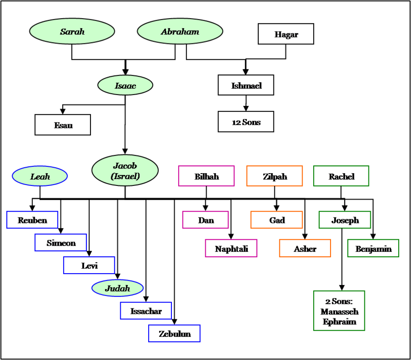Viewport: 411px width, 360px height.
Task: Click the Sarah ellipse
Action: (x=72, y=32)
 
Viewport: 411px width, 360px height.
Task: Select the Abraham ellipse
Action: (x=180, y=32)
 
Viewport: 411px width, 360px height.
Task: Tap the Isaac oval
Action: (x=125, y=85)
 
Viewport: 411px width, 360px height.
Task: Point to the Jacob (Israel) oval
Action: (x=125, y=170)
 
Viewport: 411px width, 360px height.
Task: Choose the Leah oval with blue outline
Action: (x=40, y=176)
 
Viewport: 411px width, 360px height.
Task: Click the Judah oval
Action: (x=117, y=288)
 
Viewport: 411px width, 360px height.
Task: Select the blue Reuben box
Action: (x=32, y=220)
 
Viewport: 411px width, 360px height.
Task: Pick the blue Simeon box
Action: (x=61, y=243)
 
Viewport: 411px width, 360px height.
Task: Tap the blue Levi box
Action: (x=89, y=265)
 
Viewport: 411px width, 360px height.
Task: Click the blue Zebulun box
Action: (x=174, y=334)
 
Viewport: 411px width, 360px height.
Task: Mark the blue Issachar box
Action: (x=146, y=311)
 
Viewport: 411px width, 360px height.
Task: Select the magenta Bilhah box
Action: (x=206, y=176)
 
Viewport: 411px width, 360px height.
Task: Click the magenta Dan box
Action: (x=205, y=220)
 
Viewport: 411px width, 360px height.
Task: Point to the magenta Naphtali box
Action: (x=231, y=249)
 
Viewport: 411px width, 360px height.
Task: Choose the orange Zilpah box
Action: (x=274, y=176)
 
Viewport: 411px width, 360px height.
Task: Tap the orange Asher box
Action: (x=305, y=249)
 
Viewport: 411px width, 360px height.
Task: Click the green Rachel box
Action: (x=341, y=176)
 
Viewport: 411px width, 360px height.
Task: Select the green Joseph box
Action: (x=345, y=220)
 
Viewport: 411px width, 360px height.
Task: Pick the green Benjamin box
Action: (x=373, y=249)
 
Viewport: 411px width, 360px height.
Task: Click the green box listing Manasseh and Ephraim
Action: (x=339, y=311)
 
